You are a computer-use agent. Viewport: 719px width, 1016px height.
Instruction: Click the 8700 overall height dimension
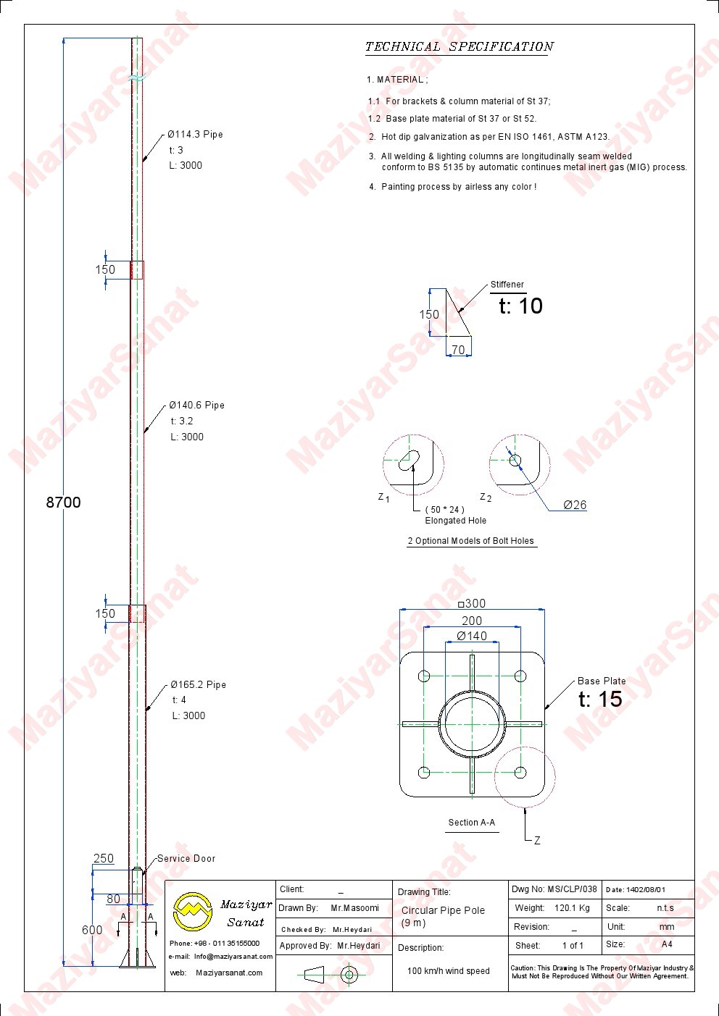coord(64,502)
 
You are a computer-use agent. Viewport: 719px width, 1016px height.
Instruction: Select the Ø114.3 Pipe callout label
coord(195,134)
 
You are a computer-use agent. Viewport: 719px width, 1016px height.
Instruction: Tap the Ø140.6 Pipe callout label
coord(196,405)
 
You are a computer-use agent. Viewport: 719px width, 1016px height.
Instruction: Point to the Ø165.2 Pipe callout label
coord(198,684)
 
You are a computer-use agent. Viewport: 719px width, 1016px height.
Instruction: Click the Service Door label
coord(186,858)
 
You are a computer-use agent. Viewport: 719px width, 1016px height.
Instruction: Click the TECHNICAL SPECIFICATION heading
coord(460,47)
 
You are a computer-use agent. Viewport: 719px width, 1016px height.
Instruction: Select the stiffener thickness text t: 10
coord(520,306)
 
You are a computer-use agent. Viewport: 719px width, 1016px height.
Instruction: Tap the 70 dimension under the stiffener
coord(459,350)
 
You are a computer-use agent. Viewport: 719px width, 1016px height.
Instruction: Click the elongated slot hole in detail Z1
coord(409,460)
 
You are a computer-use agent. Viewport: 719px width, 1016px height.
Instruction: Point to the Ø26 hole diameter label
coord(575,505)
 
